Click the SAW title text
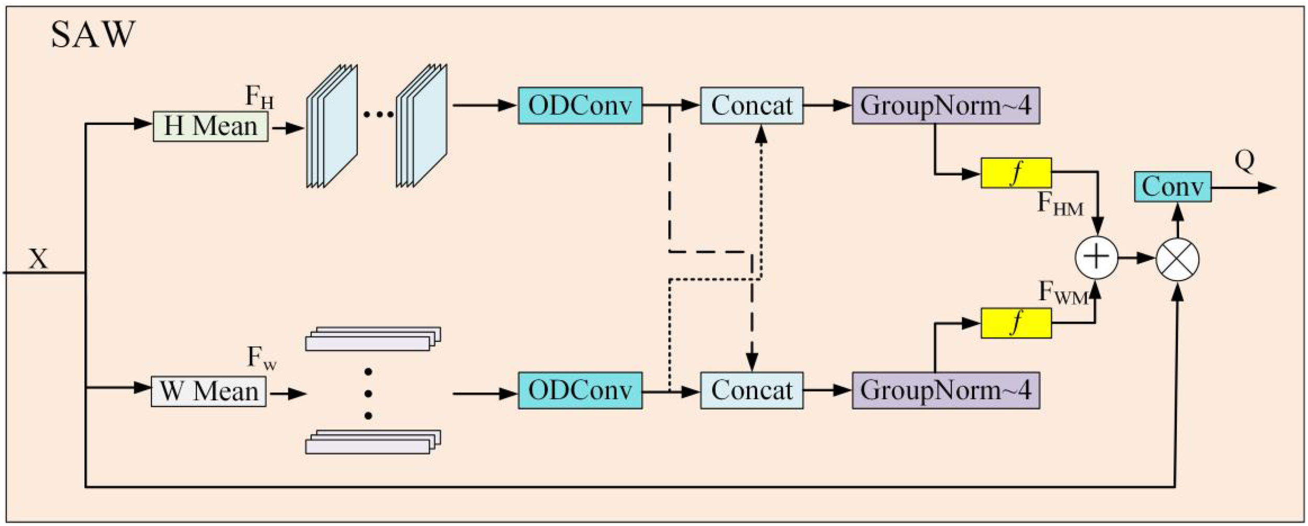93,35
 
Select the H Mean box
210,126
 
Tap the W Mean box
209,391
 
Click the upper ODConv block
580,105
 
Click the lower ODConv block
580,390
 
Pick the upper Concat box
751,105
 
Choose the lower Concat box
751,390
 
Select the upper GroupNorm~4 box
945,105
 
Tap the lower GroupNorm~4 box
945,390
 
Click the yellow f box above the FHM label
1016,173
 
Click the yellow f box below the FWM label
1016,323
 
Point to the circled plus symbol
1096,257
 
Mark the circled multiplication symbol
1177,259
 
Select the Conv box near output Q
1172,186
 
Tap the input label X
38,259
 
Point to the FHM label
1060,204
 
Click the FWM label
1063,293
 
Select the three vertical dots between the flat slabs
368,394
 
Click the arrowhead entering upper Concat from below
761,135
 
